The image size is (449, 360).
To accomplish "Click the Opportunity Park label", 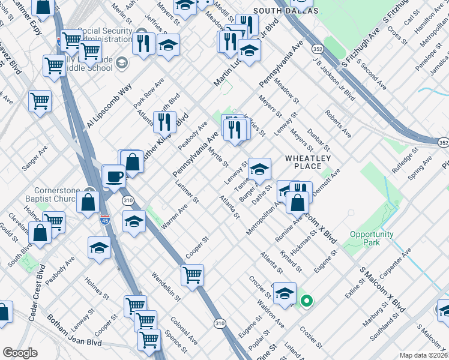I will point(372,238).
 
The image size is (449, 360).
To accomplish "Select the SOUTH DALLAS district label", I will point(286,11).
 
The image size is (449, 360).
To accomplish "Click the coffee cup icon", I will point(114,177).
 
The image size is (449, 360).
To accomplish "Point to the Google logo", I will point(20,353).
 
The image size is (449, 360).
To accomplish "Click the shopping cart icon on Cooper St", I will point(192,275).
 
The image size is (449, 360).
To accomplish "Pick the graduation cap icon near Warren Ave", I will point(134,221).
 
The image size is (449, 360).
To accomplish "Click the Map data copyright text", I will point(423,355).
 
